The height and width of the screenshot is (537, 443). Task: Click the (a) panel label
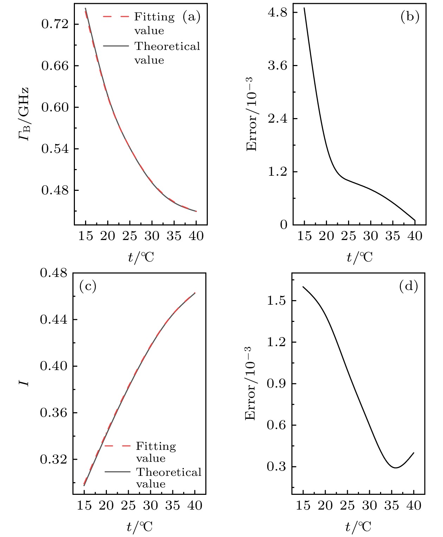point(191,17)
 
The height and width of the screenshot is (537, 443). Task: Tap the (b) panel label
point(410,17)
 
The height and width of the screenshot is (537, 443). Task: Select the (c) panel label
point(88,286)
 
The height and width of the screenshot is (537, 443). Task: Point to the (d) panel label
point(409,287)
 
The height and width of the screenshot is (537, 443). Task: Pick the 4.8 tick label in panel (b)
point(278,13)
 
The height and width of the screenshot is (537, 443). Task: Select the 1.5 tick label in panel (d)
point(276,301)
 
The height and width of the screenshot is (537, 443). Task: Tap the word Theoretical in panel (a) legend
point(167,46)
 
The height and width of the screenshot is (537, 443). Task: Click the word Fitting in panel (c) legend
point(156,446)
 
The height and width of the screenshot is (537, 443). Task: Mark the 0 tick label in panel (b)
point(283,225)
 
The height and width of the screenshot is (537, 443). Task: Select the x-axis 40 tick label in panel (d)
point(413,506)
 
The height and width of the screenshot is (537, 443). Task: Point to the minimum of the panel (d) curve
point(396,468)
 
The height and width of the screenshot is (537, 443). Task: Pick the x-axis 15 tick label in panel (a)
point(85,236)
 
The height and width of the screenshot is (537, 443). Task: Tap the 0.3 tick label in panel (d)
point(276,467)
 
